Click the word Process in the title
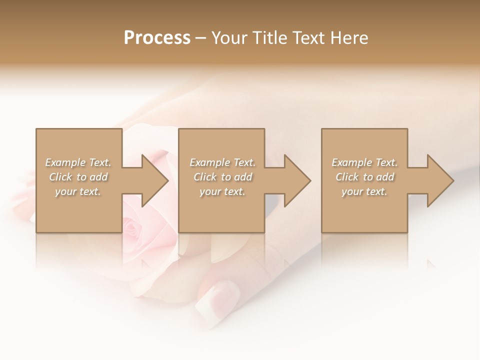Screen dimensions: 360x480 157,37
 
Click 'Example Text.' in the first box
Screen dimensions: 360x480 78,162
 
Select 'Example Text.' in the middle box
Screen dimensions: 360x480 222,162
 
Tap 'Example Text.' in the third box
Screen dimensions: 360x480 364,162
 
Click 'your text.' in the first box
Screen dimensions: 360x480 78,191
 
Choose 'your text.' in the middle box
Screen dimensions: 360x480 222,191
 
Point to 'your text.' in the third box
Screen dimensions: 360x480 364,191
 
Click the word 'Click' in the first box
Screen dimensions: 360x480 60,177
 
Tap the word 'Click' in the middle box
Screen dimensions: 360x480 205,177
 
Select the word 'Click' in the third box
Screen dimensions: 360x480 347,177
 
